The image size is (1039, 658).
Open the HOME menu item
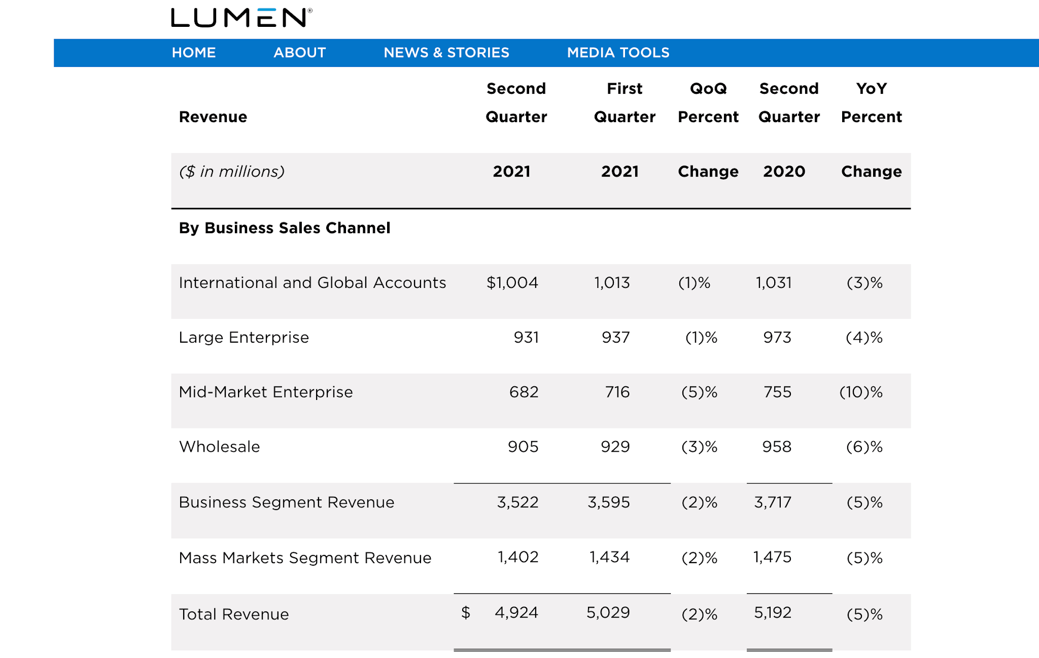click(x=194, y=53)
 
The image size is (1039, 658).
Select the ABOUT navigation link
click(x=299, y=53)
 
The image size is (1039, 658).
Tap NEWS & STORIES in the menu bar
click(x=446, y=53)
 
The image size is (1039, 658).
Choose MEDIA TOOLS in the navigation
click(x=618, y=53)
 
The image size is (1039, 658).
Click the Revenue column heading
click(x=213, y=117)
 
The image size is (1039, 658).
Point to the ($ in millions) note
click(x=232, y=172)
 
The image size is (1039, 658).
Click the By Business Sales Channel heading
click(x=285, y=228)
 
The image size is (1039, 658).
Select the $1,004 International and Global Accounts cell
click(x=512, y=283)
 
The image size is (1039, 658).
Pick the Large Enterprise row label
click(x=244, y=338)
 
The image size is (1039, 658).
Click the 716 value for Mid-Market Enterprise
click(x=617, y=392)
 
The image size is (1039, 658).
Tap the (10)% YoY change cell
click(x=861, y=392)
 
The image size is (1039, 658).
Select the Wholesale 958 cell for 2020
click(x=777, y=447)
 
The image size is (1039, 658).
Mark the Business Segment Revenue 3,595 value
click(x=608, y=502)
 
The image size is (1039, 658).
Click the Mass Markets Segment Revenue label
click(x=305, y=558)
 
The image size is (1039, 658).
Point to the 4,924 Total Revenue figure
click(x=516, y=613)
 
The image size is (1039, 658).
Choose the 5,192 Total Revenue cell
click(x=772, y=613)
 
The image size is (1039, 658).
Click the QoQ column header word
click(x=708, y=89)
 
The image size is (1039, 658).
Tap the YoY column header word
click(x=871, y=89)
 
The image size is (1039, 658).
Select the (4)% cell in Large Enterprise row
click(x=864, y=338)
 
